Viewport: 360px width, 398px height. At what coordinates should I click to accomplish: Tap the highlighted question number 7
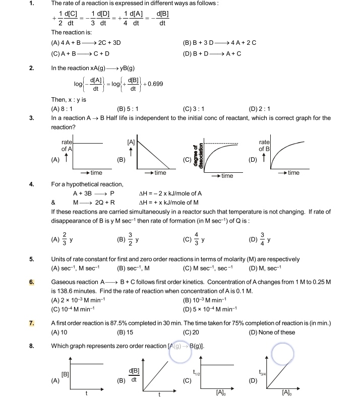point(31,323)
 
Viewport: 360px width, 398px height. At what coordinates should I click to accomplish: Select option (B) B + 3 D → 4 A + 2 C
point(220,42)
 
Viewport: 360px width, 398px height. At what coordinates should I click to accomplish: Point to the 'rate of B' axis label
point(265,146)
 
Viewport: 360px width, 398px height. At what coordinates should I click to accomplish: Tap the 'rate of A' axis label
point(67,146)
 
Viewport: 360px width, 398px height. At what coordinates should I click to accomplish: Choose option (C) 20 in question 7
point(191,333)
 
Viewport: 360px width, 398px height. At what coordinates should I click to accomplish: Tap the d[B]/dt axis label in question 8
point(134,375)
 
